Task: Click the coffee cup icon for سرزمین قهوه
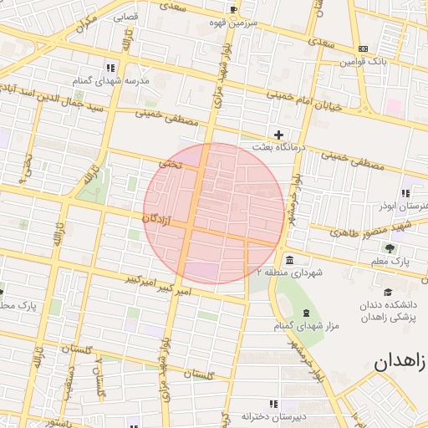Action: [x=233, y=10]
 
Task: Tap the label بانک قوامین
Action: [x=363, y=62]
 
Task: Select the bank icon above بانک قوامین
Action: [x=363, y=49]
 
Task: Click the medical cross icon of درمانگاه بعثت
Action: [x=279, y=135]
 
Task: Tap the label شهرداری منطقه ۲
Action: [x=289, y=272]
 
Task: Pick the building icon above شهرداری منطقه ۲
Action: [x=289, y=259]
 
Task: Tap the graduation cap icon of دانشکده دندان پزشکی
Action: [x=388, y=292]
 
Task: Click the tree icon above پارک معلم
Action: [x=390, y=248]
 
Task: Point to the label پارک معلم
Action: [x=390, y=262]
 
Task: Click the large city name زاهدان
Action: [x=400, y=363]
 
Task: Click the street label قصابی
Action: [x=126, y=16]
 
